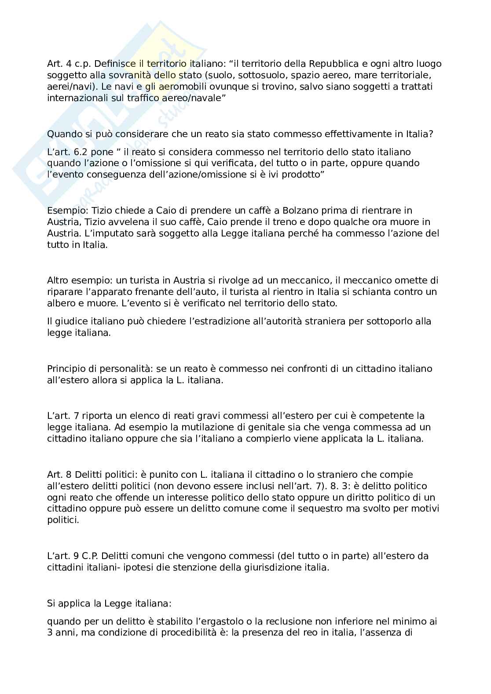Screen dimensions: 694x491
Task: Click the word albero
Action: coord(60,303)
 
